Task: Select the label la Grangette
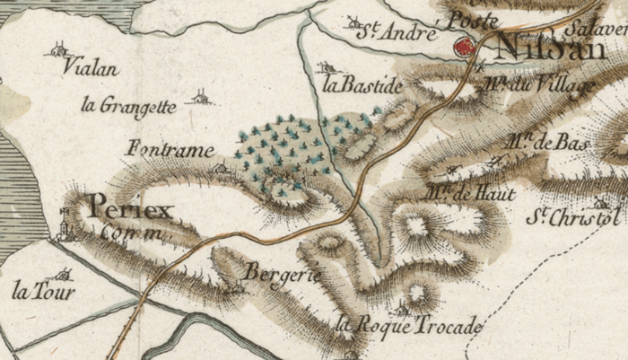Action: click(x=126, y=105)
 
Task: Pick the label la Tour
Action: click(x=44, y=292)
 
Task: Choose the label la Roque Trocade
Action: click(x=408, y=326)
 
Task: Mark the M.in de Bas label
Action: click(x=538, y=140)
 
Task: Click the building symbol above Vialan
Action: click(x=59, y=49)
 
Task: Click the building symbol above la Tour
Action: click(x=62, y=274)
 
